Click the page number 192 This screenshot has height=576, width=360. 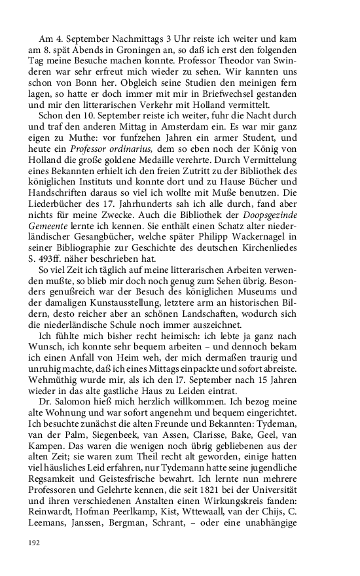33,543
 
